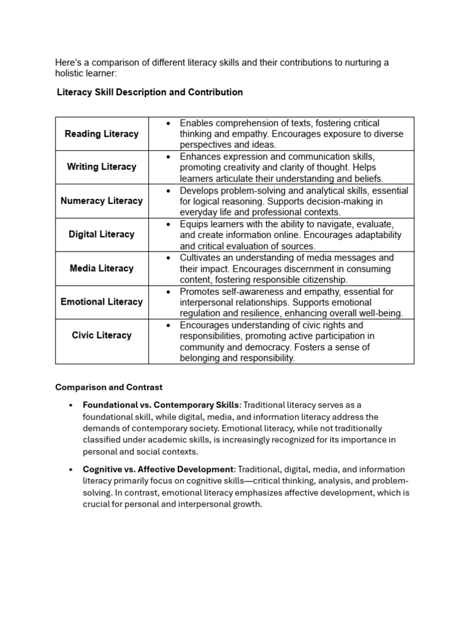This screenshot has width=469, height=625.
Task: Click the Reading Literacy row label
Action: click(101, 134)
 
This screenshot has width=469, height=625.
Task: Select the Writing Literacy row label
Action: click(101, 167)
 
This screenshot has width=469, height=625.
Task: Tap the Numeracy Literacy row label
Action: click(101, 200)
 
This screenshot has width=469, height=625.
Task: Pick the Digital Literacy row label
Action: click(101, 234)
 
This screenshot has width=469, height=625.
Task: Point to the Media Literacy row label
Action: click(101, 268)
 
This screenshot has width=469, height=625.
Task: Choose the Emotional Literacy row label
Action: click(101, 302)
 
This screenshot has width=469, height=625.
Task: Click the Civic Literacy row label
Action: click(101, 335)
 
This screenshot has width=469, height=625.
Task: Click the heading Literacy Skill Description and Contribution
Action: click(150, 92)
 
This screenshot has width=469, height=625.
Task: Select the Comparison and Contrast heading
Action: click(109, 387)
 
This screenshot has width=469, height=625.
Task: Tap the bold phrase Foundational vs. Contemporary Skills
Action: click(162, 405)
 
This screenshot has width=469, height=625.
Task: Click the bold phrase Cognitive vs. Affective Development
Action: click(159, 469)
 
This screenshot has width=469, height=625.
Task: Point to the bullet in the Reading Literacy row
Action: click(168, 123)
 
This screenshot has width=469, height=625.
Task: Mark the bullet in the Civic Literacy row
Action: click(168, 325)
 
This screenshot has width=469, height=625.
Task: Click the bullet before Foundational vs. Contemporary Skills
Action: click(71, 405)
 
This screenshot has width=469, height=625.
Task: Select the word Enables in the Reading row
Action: click(197, 123)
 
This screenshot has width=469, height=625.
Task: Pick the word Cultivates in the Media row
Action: click(200, 258)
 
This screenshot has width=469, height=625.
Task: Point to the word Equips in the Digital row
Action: click(194, 224)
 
